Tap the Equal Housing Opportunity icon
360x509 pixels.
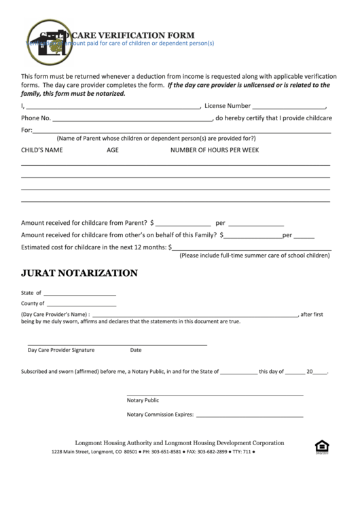(321, 446)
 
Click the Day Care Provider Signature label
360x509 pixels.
(61, 350)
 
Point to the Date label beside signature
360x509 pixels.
(136, 350)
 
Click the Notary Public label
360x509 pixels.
(143, 400)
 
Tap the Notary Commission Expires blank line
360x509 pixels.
(250, 415)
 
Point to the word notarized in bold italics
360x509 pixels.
(109, 94)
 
